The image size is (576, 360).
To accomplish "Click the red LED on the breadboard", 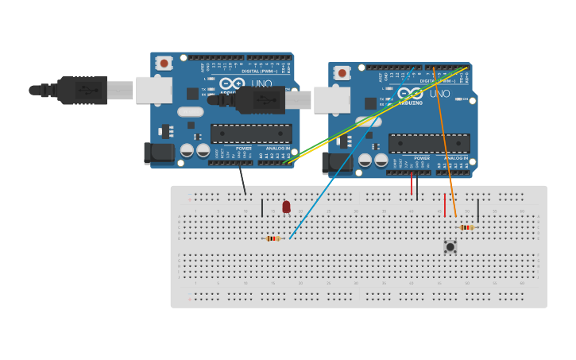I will pos(286,207).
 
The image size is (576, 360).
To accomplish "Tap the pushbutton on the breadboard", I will pos(450,247).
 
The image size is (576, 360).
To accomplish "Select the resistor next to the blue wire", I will pos(273,238).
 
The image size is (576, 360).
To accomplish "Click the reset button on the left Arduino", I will pos(164,63).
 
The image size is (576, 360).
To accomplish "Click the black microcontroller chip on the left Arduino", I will pos(250,134).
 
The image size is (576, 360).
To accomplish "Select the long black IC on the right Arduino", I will pos(428,143).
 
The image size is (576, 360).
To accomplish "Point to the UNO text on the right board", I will pos(439,94).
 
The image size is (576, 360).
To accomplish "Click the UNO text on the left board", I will pos(261,84).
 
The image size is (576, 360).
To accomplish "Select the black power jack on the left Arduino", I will pos(159,153).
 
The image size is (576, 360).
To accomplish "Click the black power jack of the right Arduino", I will pos(337,162).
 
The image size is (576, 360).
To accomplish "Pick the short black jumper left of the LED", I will pos(262,208).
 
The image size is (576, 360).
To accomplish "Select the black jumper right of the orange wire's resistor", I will pos(478,211).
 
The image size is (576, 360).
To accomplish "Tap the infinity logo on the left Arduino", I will pos(232,83).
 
